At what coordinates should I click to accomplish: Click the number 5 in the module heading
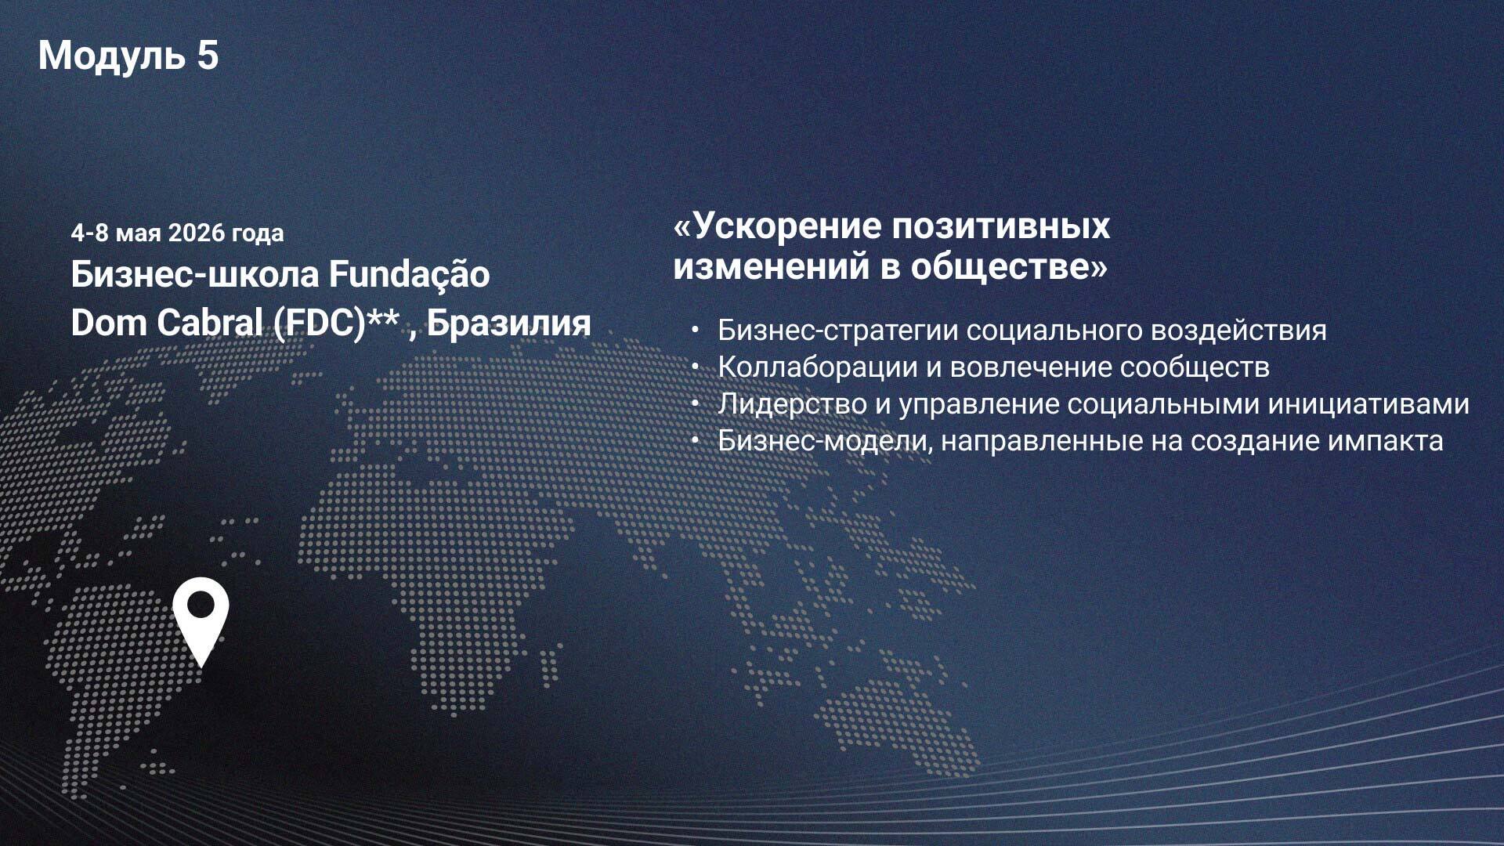click(x=208, y=56)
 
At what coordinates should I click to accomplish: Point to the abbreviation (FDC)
click(x=320, y=323)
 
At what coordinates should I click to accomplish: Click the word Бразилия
click(x=509, y=323)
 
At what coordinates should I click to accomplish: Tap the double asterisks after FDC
click(x=384, y=316)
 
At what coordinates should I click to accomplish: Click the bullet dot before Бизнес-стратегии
click(x=695, y=331)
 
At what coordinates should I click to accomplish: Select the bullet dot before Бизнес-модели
click(x=695, y=441)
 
